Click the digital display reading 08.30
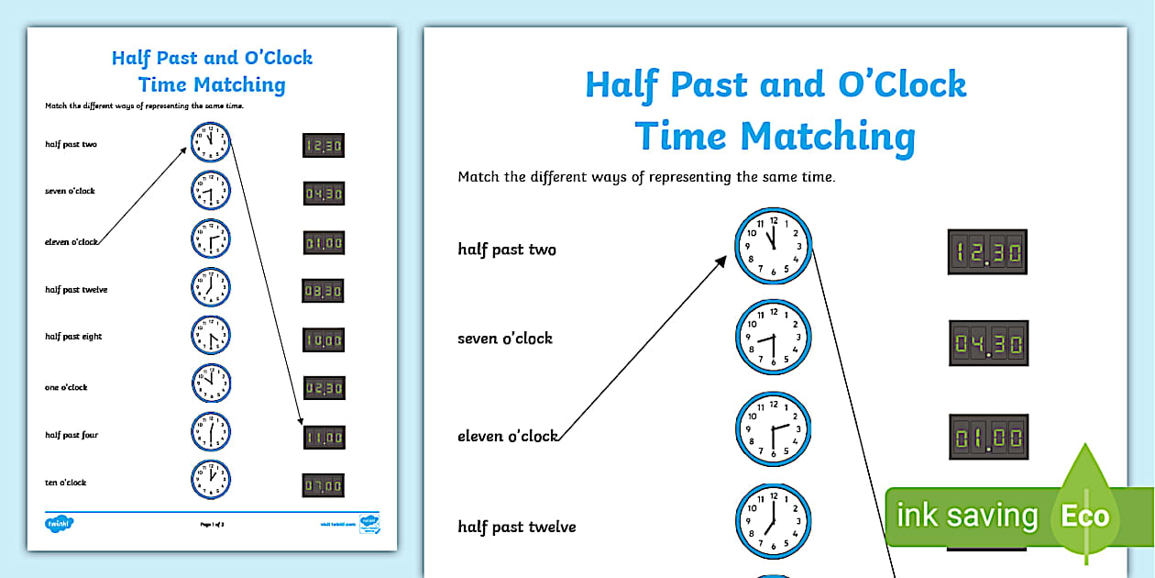tap(324, 291)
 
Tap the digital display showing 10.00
tap(324, 340)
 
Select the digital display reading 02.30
tap(324, 389)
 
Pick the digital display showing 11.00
tap(324, 438)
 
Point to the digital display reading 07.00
tap(324, 485)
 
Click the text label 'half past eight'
tap(73, 337)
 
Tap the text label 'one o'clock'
tap(66, 387)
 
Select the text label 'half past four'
tap(71, 435)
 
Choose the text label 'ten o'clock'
tap(66, 483)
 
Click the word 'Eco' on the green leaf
tap(1084, 516)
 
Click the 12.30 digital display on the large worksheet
tap(987, 251)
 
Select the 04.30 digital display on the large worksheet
tap(987, 344)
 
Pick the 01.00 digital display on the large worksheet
tap(987, 436)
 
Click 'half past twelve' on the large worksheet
tap(517, 527)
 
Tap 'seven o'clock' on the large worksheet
tap(505, 339)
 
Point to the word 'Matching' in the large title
tap(828, 137)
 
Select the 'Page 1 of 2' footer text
tap(212, 524)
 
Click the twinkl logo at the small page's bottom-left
tap(59, 524)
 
